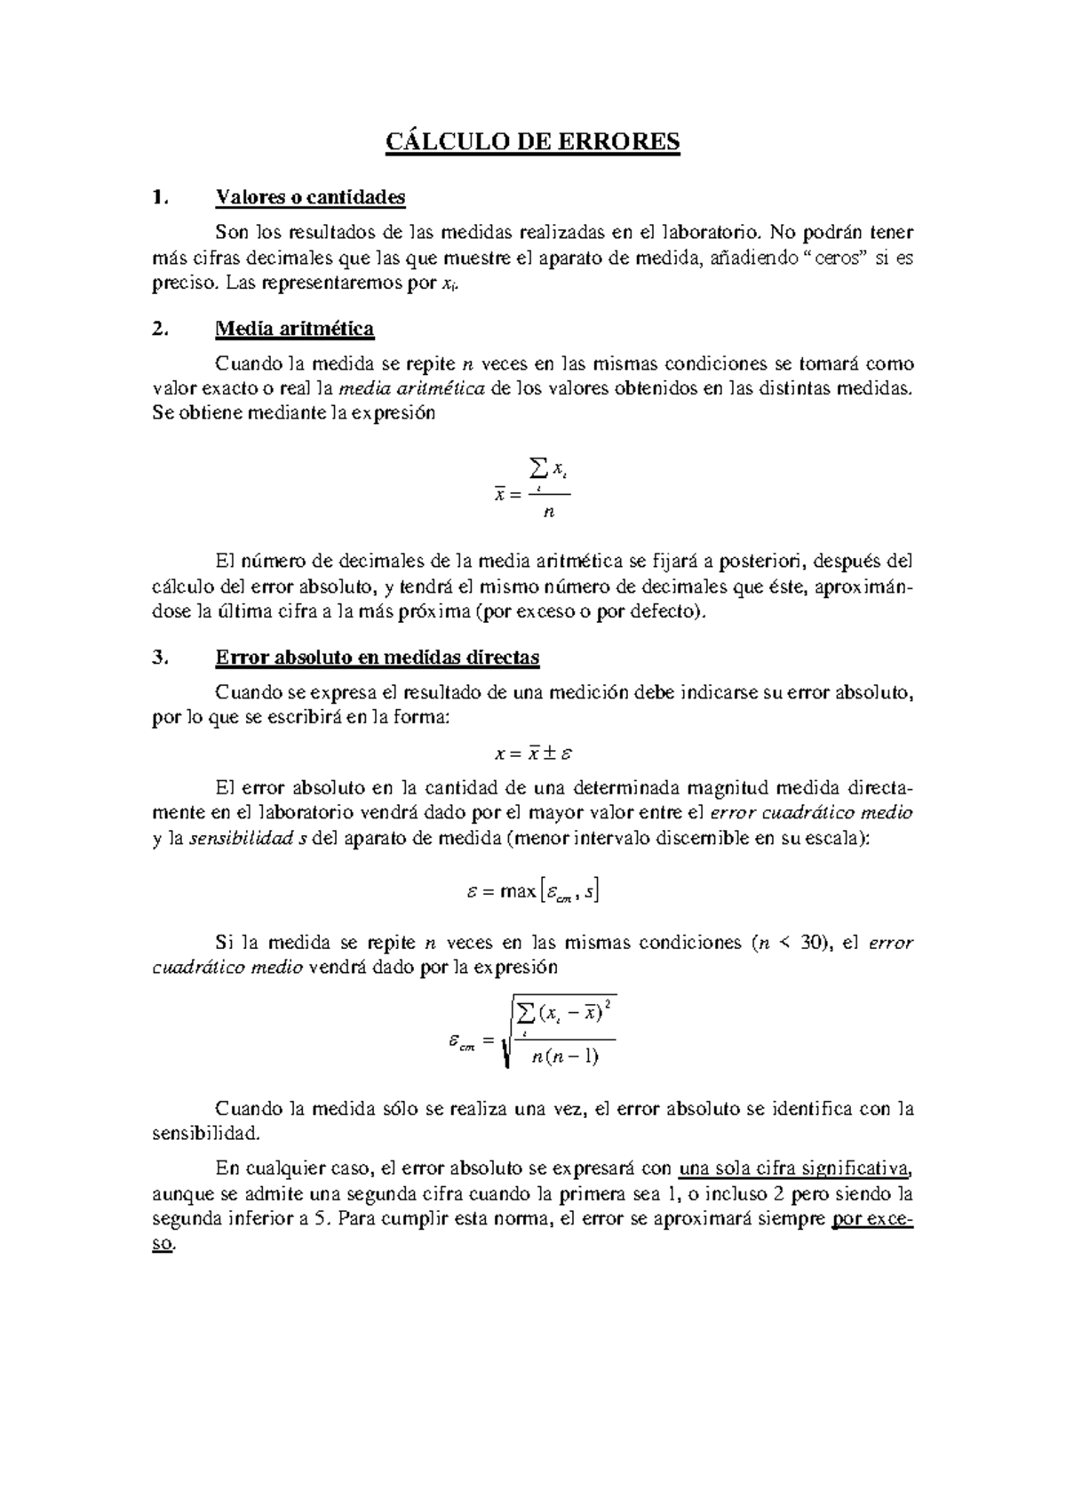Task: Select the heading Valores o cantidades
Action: [310, 196]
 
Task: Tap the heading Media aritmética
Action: [294, 329]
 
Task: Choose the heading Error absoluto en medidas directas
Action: [378, 658]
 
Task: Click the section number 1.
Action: [159, 197]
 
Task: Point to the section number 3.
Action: [159, 658]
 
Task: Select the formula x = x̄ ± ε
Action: [533, 753]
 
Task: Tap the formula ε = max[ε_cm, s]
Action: [533, 891]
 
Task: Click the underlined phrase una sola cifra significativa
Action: [795, 1168]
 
